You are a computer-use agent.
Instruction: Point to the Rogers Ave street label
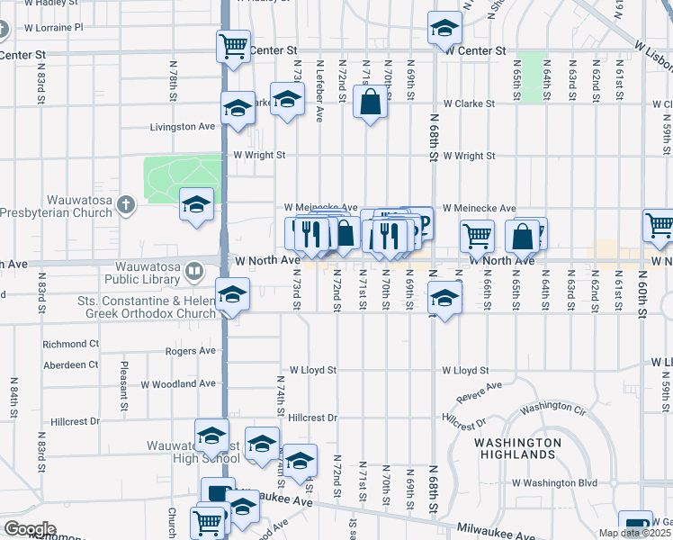tap(191, 350)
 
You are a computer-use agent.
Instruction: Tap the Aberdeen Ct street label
tap(71, 364)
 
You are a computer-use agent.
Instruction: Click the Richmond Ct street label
tap(71, 344)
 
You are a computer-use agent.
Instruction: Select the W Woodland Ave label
tap(178, 383)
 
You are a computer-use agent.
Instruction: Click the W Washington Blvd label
tap(555, 482)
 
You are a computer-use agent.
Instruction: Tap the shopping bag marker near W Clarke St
tap(370, 102)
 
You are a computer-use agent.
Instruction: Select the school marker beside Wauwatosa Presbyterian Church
tap(196, 204)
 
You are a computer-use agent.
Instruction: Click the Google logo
tap(30, 528)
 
